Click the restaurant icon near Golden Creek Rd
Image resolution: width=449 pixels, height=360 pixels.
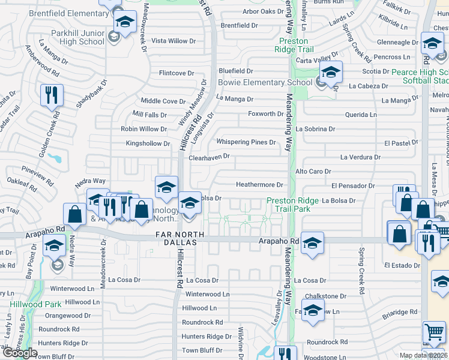click(50, 95)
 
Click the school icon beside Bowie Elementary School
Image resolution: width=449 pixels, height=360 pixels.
click(330, 72)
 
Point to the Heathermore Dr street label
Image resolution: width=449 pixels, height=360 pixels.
click(259, 185)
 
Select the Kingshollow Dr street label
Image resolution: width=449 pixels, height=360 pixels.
click(148, 143)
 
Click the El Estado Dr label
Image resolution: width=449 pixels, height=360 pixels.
click(400, 265)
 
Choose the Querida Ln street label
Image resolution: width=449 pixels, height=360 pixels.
click(361, 114)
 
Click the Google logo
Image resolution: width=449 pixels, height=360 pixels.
click(20, 353)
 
